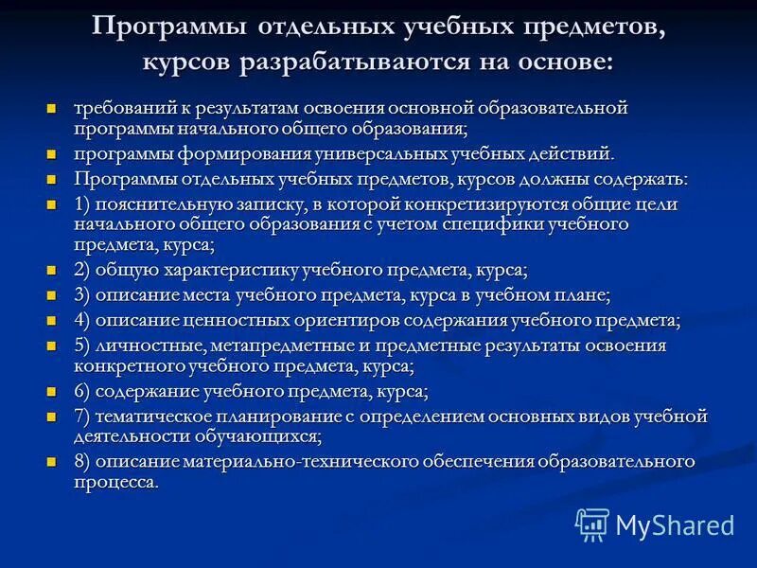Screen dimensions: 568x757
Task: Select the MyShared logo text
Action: (x=675, y=525)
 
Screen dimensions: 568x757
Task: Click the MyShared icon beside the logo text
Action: (x=592, y=524)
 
